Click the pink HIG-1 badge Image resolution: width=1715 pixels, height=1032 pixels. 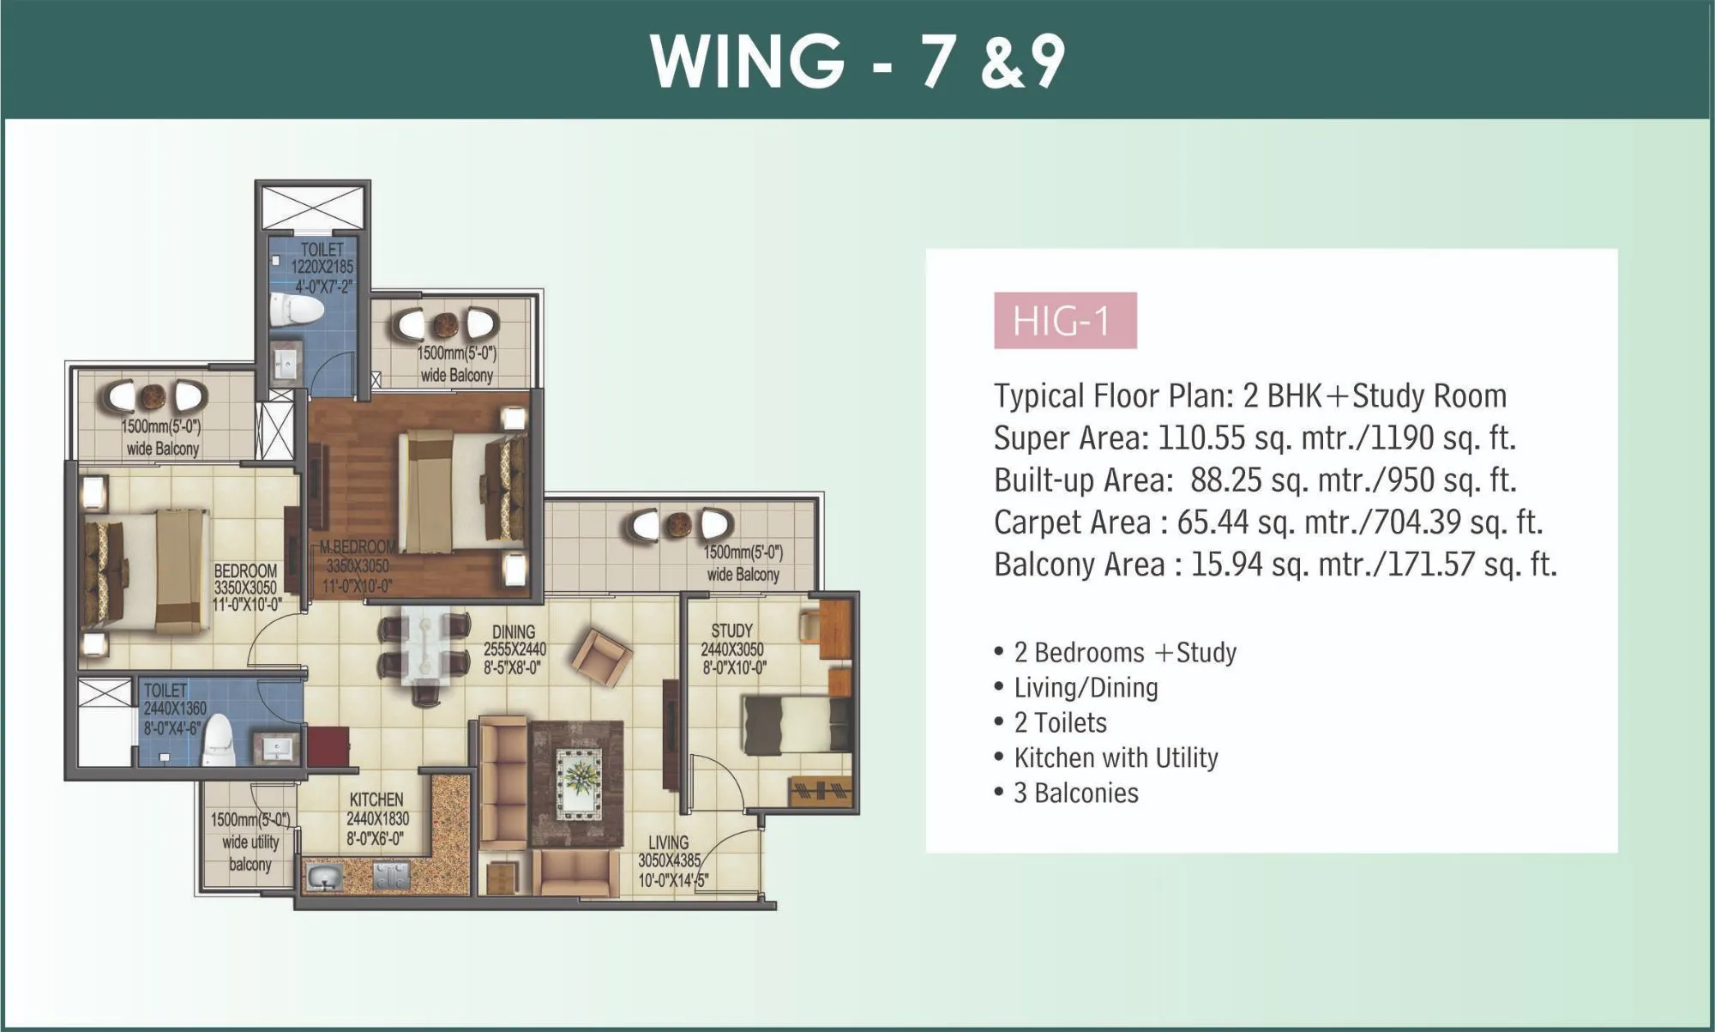1064,321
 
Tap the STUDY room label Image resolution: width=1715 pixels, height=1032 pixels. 731,631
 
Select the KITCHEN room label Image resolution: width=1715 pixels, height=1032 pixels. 376,800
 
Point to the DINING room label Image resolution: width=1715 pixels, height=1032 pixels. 514,632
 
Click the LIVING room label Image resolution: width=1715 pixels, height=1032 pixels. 668,842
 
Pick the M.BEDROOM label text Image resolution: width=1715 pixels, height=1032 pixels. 358,546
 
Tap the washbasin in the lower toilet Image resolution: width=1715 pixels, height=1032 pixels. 277,748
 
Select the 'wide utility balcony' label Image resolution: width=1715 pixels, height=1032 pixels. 250,842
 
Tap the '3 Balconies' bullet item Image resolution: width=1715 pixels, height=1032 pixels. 1075,793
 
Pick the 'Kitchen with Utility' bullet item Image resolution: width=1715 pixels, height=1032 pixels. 1115,757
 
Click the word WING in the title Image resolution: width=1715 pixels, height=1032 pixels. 747,61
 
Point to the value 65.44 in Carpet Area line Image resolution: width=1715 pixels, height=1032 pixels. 1212,522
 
